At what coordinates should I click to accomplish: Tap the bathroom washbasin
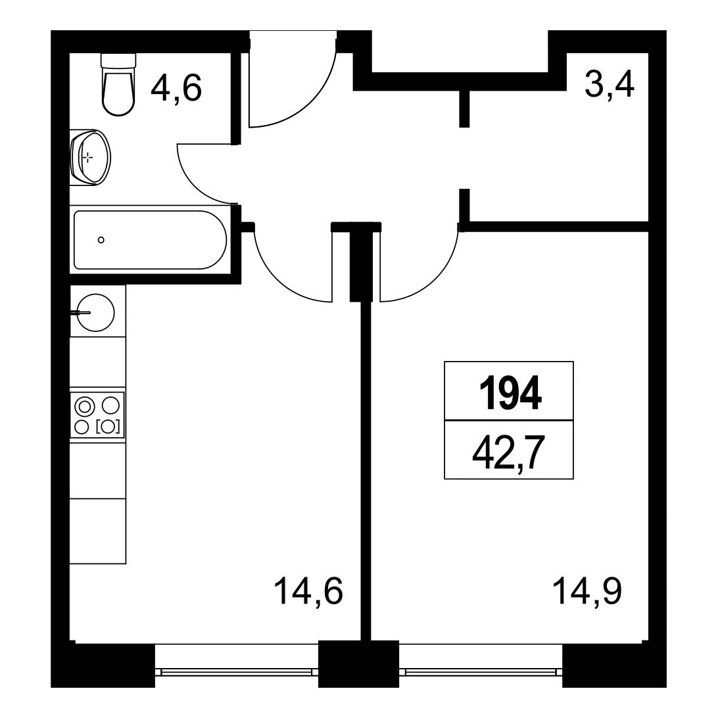pos(91,158)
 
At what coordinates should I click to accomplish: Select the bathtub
pos(150,240)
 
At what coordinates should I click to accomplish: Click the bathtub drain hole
pos(101,240)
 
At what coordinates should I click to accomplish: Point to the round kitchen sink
pos(95,312)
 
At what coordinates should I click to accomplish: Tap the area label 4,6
pos(176,88)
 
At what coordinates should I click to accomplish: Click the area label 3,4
pos(609,85)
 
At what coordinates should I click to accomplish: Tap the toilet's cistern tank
pos(118,62)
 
